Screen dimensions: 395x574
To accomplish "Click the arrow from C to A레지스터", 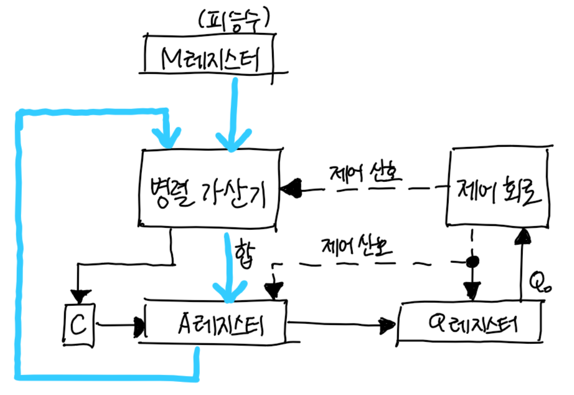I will click(x=118, y=325).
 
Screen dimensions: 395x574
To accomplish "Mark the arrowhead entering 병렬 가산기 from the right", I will click(x=291, y=186).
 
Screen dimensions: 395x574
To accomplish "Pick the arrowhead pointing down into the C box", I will click(x=79, y=293).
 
